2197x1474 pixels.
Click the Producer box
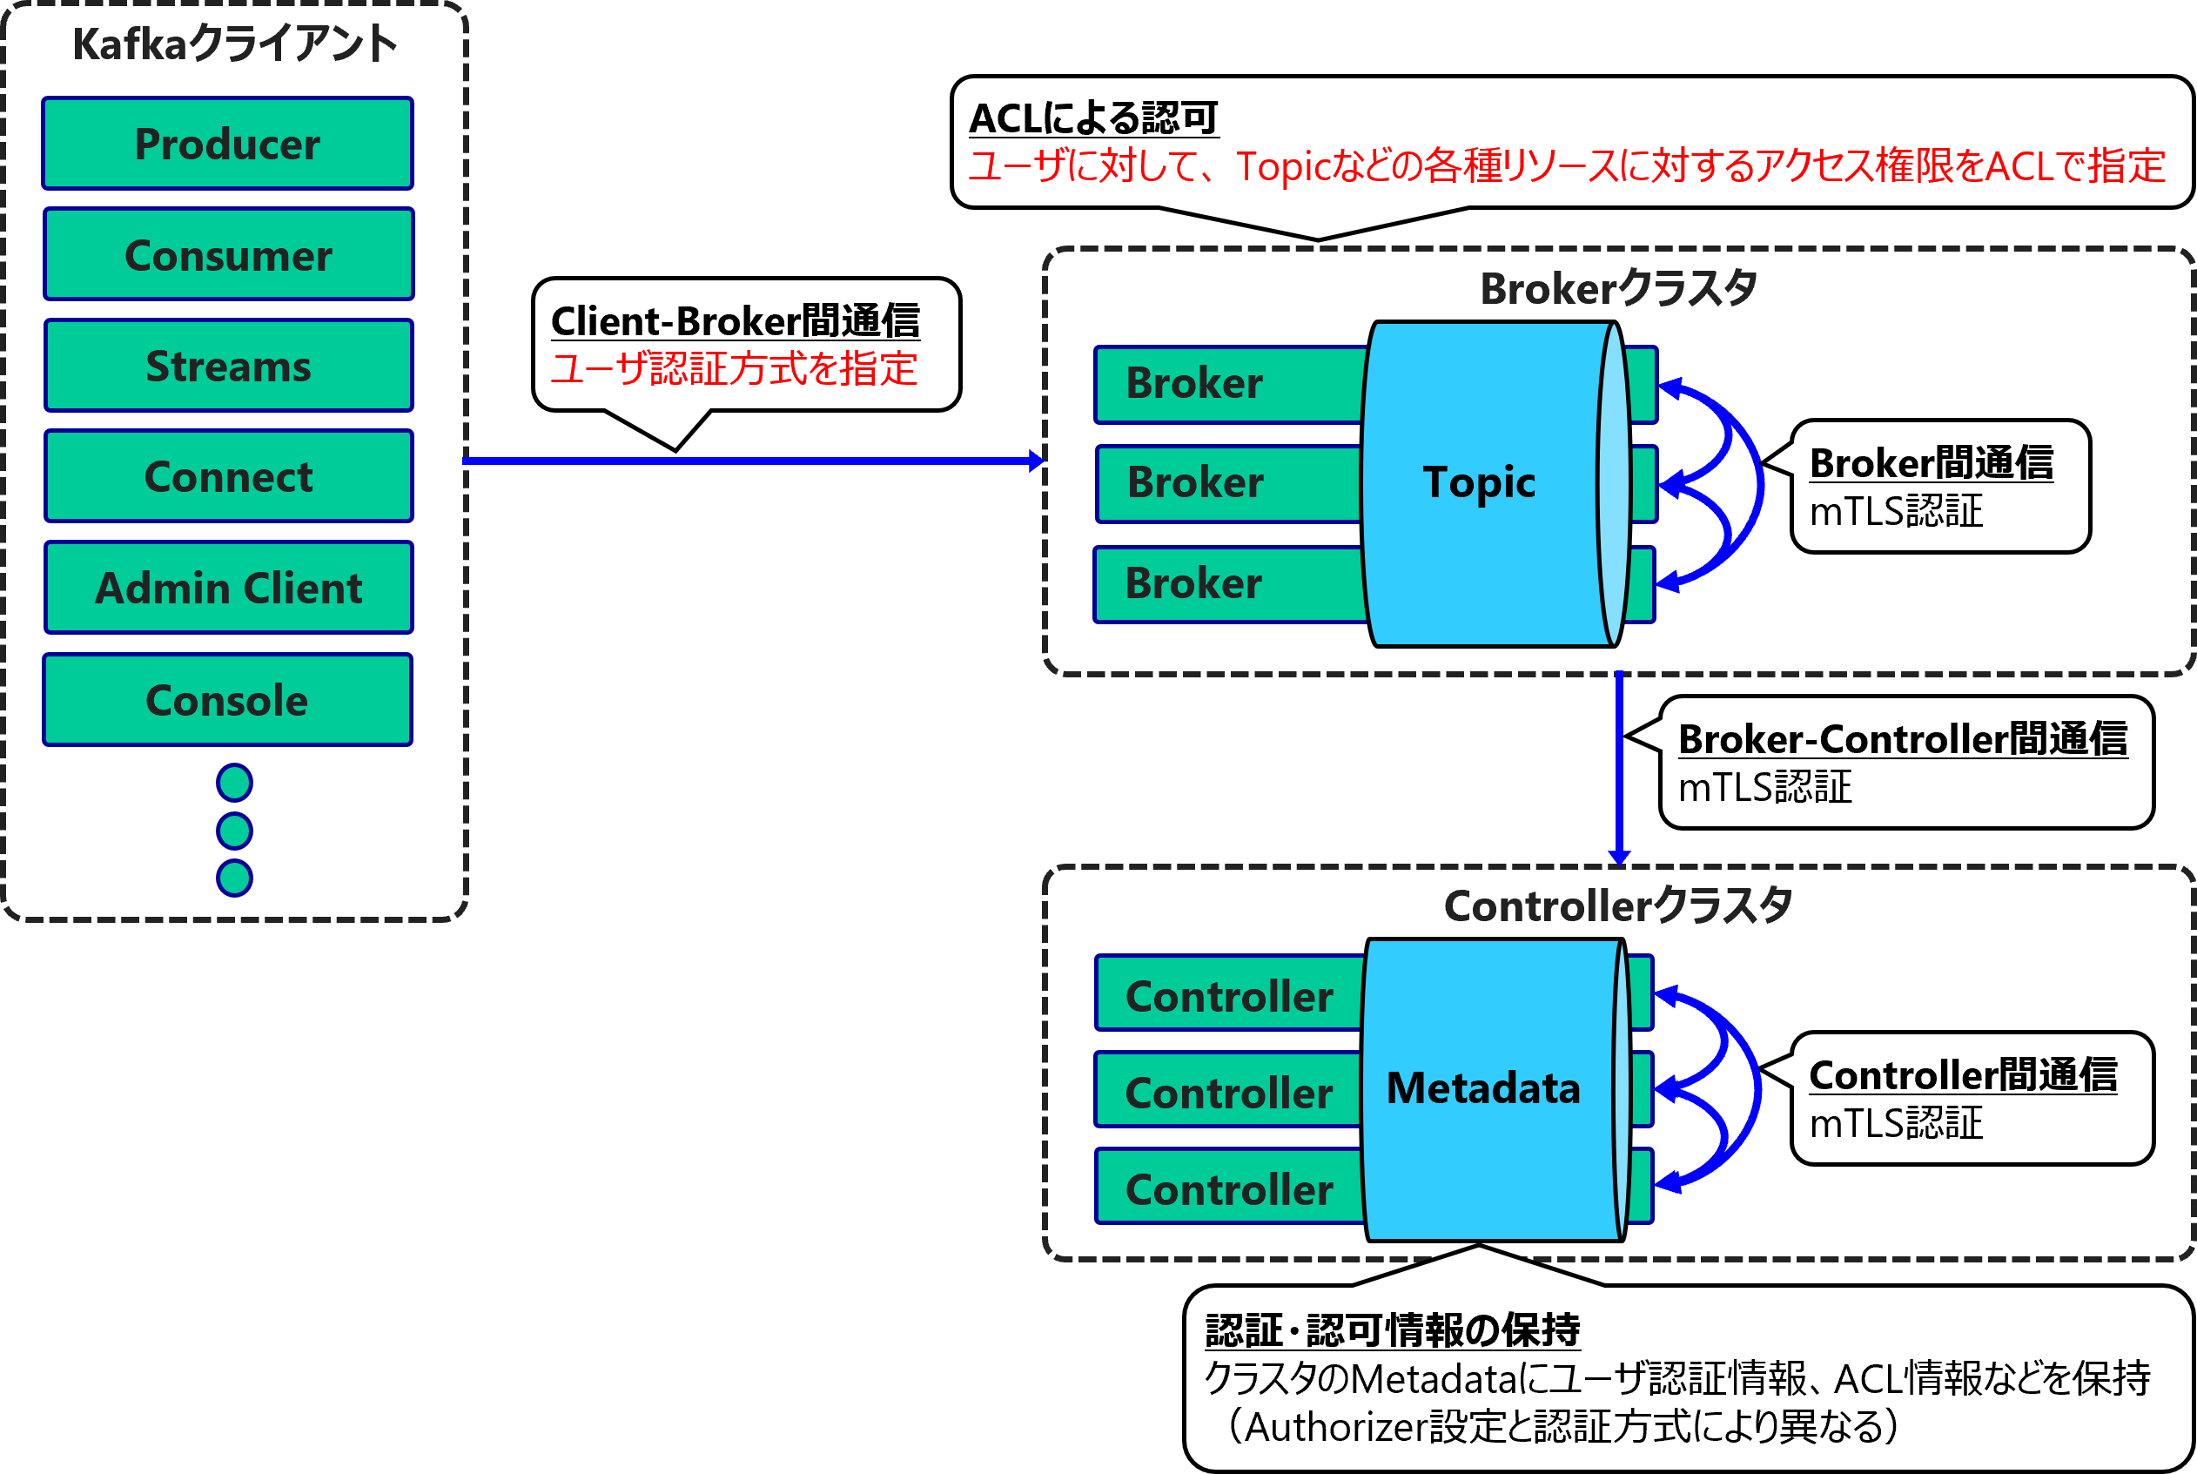227,144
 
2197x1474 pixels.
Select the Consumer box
227,255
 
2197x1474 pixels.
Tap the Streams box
227,366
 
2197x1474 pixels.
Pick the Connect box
227,476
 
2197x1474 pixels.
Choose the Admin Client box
227,589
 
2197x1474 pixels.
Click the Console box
227,700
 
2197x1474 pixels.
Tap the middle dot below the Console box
234,830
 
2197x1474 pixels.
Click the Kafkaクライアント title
235,44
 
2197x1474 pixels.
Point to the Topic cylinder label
1478,482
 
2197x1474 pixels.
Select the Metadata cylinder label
1483,1088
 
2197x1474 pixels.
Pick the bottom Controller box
1228,1190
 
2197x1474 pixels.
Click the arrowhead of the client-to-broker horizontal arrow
1037,461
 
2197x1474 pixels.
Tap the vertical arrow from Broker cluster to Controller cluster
1618,766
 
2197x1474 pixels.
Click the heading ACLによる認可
1093,119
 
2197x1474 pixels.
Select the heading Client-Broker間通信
735,321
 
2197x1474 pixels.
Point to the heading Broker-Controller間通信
1902,740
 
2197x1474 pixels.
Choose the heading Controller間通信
1962,1075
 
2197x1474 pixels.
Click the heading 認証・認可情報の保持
1392,1331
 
